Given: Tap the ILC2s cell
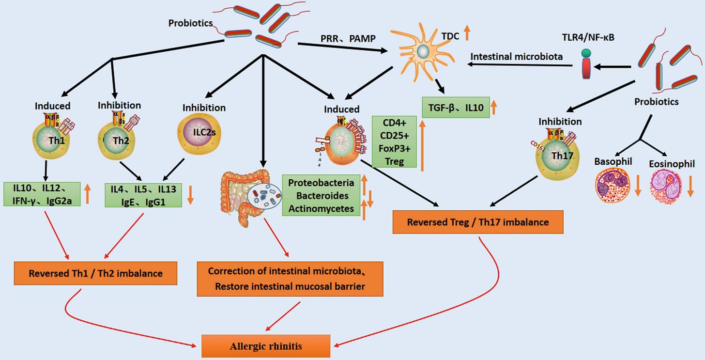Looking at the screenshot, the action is (199, 134).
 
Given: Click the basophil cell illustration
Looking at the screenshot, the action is (612, 186).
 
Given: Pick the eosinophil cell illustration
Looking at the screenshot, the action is (666, 186).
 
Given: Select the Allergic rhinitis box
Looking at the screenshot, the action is (266, 346).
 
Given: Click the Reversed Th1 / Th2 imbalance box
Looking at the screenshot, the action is (96, 273).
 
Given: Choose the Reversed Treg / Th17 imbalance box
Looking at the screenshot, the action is (478, 222).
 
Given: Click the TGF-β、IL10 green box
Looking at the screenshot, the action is (456, 108).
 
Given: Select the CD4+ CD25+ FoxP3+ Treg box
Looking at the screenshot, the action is (394, 142).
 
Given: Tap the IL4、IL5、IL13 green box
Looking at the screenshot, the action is (143, 195).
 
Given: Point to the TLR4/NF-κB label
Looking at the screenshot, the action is (588, 37).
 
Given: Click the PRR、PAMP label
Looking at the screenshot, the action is (348, 38).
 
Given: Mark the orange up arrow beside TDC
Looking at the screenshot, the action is (467, 33).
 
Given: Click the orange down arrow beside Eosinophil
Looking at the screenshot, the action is (690, 186).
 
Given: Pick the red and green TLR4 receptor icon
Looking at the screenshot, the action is (586, 64).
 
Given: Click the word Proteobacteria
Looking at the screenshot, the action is (321, 183).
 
